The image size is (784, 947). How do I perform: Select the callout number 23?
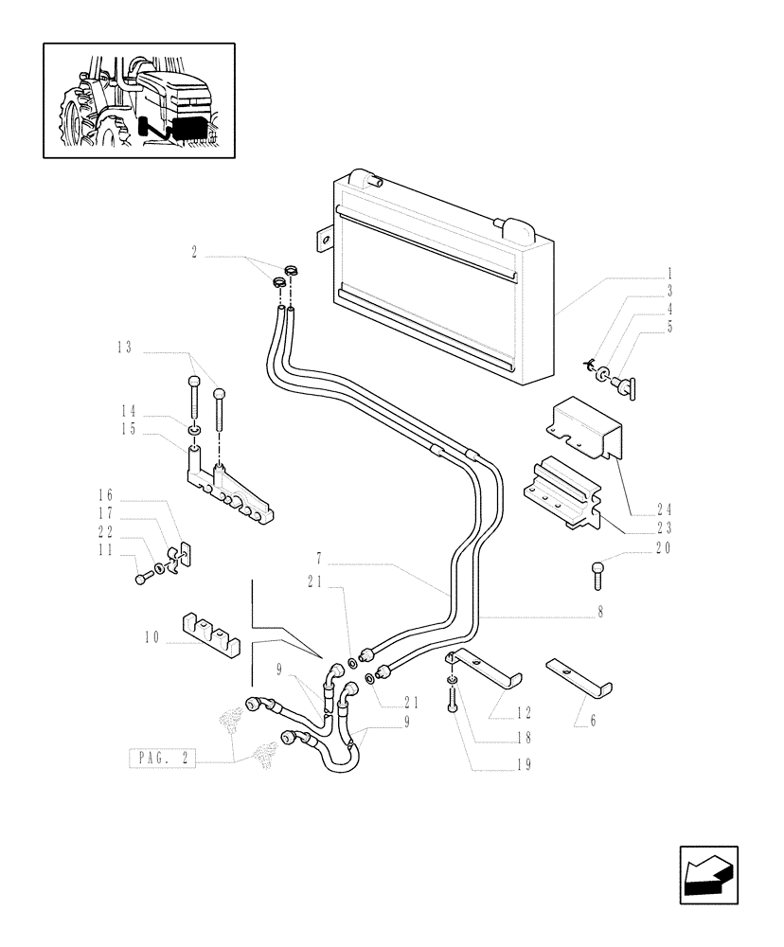pos(665,527)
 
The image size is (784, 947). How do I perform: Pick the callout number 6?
pos(592,721)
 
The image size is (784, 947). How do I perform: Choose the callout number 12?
pos(524,712)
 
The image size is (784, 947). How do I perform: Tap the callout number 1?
pos(668,271)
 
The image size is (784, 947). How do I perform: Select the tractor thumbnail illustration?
pos(138,99)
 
